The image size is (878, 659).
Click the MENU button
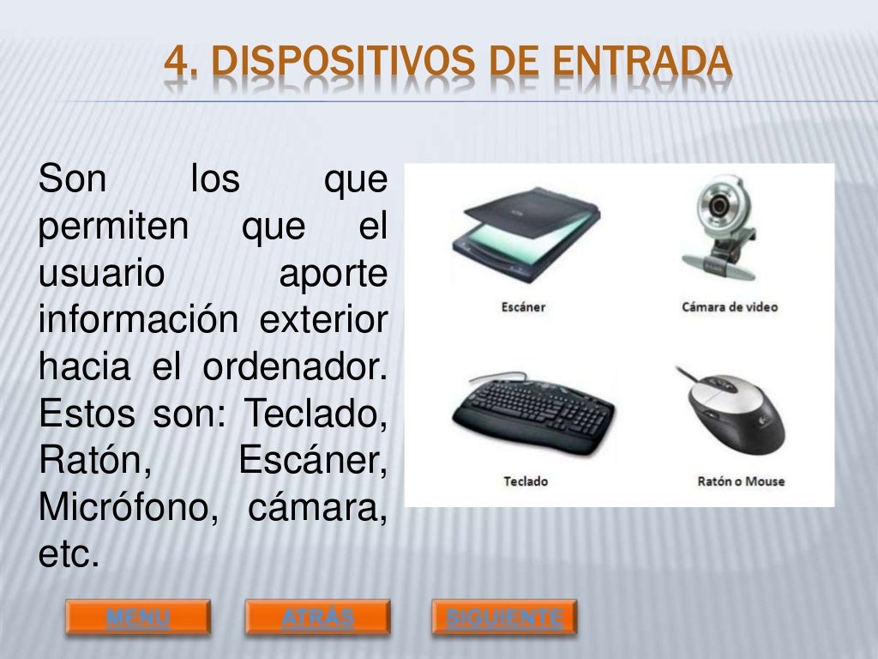click(138, 617)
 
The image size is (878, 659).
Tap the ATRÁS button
click(317, 617)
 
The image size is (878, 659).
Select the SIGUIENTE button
click(504, 617)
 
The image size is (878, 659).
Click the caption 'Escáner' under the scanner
click(523, 306)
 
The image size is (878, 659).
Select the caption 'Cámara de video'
click(730, 306)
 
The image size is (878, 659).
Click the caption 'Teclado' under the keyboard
click(525, 481)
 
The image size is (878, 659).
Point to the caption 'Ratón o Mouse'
click(741, 481)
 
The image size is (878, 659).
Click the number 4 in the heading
click(175, 62)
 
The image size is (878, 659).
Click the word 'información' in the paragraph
click(137, 322)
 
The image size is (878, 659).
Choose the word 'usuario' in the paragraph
click(101, 275)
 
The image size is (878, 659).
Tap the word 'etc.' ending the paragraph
click(69, 554)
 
